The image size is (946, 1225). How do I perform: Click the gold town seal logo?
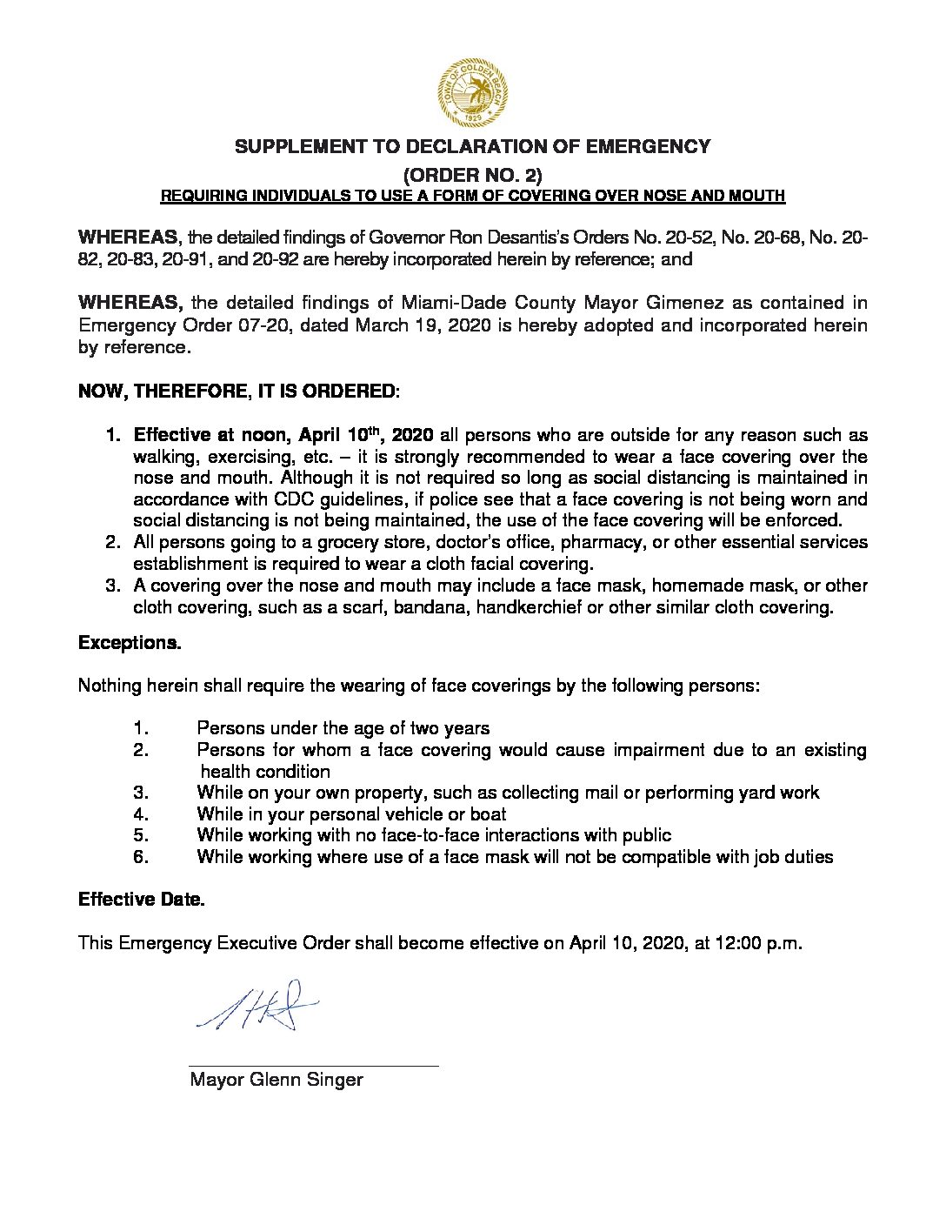[x=472, y=92]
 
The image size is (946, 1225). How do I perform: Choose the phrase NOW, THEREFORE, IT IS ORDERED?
[x=238, y=391]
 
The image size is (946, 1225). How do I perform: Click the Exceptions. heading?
[x=130, y=643]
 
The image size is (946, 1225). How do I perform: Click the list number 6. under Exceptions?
[x=142, y=857]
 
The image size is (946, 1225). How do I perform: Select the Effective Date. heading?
[x=141, y=900]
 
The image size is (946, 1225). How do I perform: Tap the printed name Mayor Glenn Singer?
[x=276, y=1081]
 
